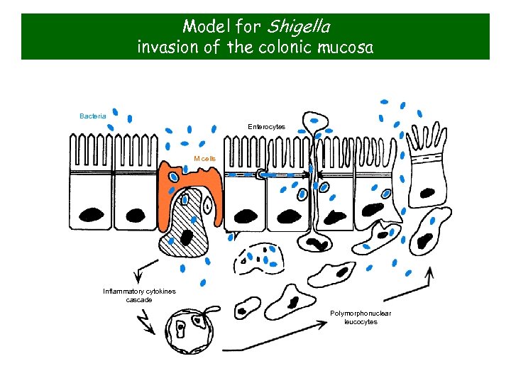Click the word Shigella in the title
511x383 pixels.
(297, 27)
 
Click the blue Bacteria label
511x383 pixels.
(93, 116)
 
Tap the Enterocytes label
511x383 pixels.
(266, 126)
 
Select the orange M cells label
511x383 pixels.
(204, 158)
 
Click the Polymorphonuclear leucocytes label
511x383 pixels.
(361, 317)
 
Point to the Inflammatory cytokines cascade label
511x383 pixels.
(139, 295)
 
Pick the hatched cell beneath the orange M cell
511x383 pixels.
(183, 231)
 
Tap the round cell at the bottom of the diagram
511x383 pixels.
(188, 331)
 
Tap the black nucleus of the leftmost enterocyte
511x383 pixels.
(92, 214)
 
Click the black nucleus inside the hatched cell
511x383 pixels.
(187, 236)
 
